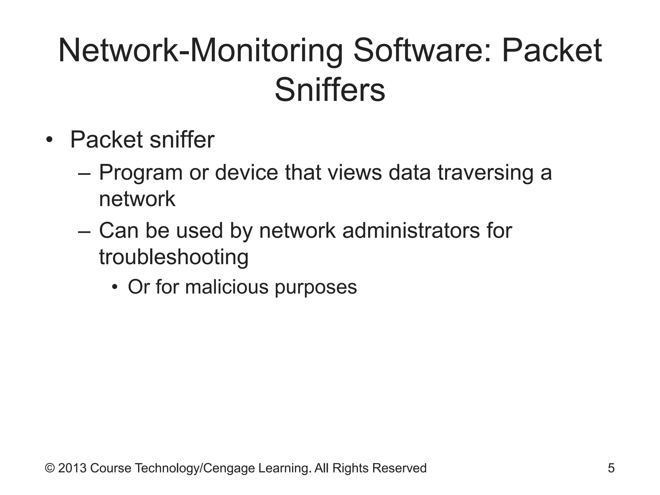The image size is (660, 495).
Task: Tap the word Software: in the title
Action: pos(422,51)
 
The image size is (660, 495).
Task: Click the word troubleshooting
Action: pos(174,258)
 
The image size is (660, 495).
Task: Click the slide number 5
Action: pos(611,468)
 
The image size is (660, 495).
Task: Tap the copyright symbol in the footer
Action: pos(50,468)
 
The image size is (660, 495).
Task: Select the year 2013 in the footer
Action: pos(73,468)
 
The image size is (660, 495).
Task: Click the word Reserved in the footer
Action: pos(399,468)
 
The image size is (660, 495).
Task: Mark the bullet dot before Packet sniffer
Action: pos(49,141)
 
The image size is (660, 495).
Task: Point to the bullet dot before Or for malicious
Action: pos(115,287)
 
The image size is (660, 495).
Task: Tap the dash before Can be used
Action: pos(84,232)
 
